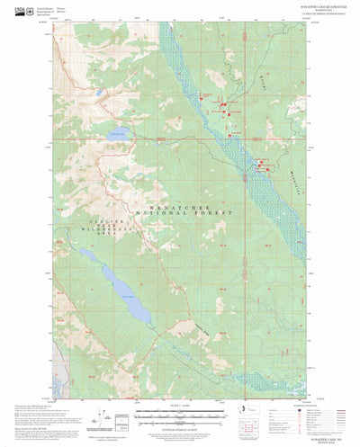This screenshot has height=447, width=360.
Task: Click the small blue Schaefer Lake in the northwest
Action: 120,136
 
